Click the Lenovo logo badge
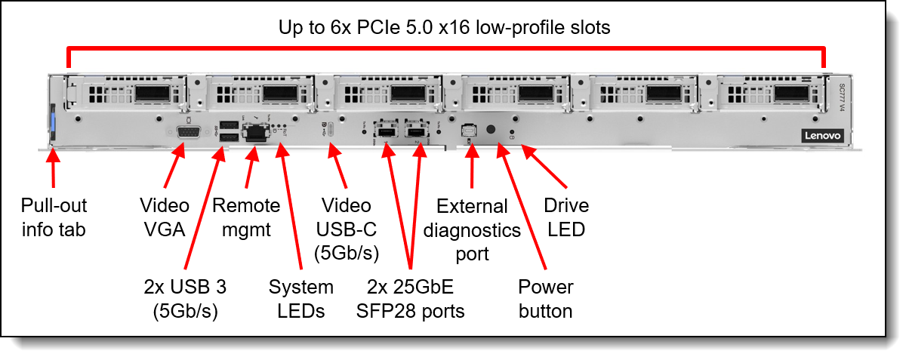coord(823,136)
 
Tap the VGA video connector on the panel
coord(189,132)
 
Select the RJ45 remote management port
coord(256,132)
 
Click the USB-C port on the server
coord(331,130)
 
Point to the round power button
coord(491,130)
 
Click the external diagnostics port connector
coord(469,131)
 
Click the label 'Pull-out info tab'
coord(54,217)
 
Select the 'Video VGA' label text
coord(165,217)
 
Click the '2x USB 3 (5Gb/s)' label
coord(185,299)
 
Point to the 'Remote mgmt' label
coord(246,217)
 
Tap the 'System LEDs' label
coord(300,299)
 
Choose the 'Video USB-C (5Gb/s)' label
coord(346,229)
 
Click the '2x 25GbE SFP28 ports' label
coord(410,299)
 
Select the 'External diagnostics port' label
coord(472,230)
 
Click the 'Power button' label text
coord(545,299)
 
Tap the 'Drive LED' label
coord(566,217)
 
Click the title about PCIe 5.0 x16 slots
coord(444,28)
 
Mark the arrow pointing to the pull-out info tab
coord(53,168)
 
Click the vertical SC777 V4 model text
coord(842,97)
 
